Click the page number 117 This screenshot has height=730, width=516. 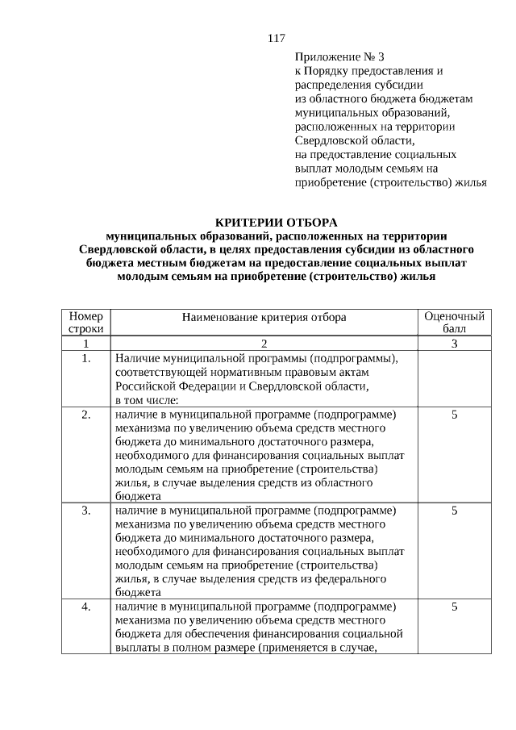click(276, 38)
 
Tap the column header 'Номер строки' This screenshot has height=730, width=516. click(85, 323)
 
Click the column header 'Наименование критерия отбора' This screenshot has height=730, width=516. click(264, 317)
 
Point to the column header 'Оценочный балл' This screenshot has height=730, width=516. click(454, 323)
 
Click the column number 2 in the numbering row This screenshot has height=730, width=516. click(264, 344)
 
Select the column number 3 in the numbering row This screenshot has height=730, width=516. click(454, 344)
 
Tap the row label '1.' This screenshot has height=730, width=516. click(85, 358)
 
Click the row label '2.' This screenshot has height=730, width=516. click(85, 415)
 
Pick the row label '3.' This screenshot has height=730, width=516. click(85, 511)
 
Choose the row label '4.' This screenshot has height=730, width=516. click(85, 606)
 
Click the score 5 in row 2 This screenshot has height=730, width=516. click(454, 415)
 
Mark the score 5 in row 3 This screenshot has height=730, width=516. click(454, 511)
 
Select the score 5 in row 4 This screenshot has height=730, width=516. click(454, 606)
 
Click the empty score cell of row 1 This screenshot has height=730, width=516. click(454, 378)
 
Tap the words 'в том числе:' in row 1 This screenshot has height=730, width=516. click(146, 399)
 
